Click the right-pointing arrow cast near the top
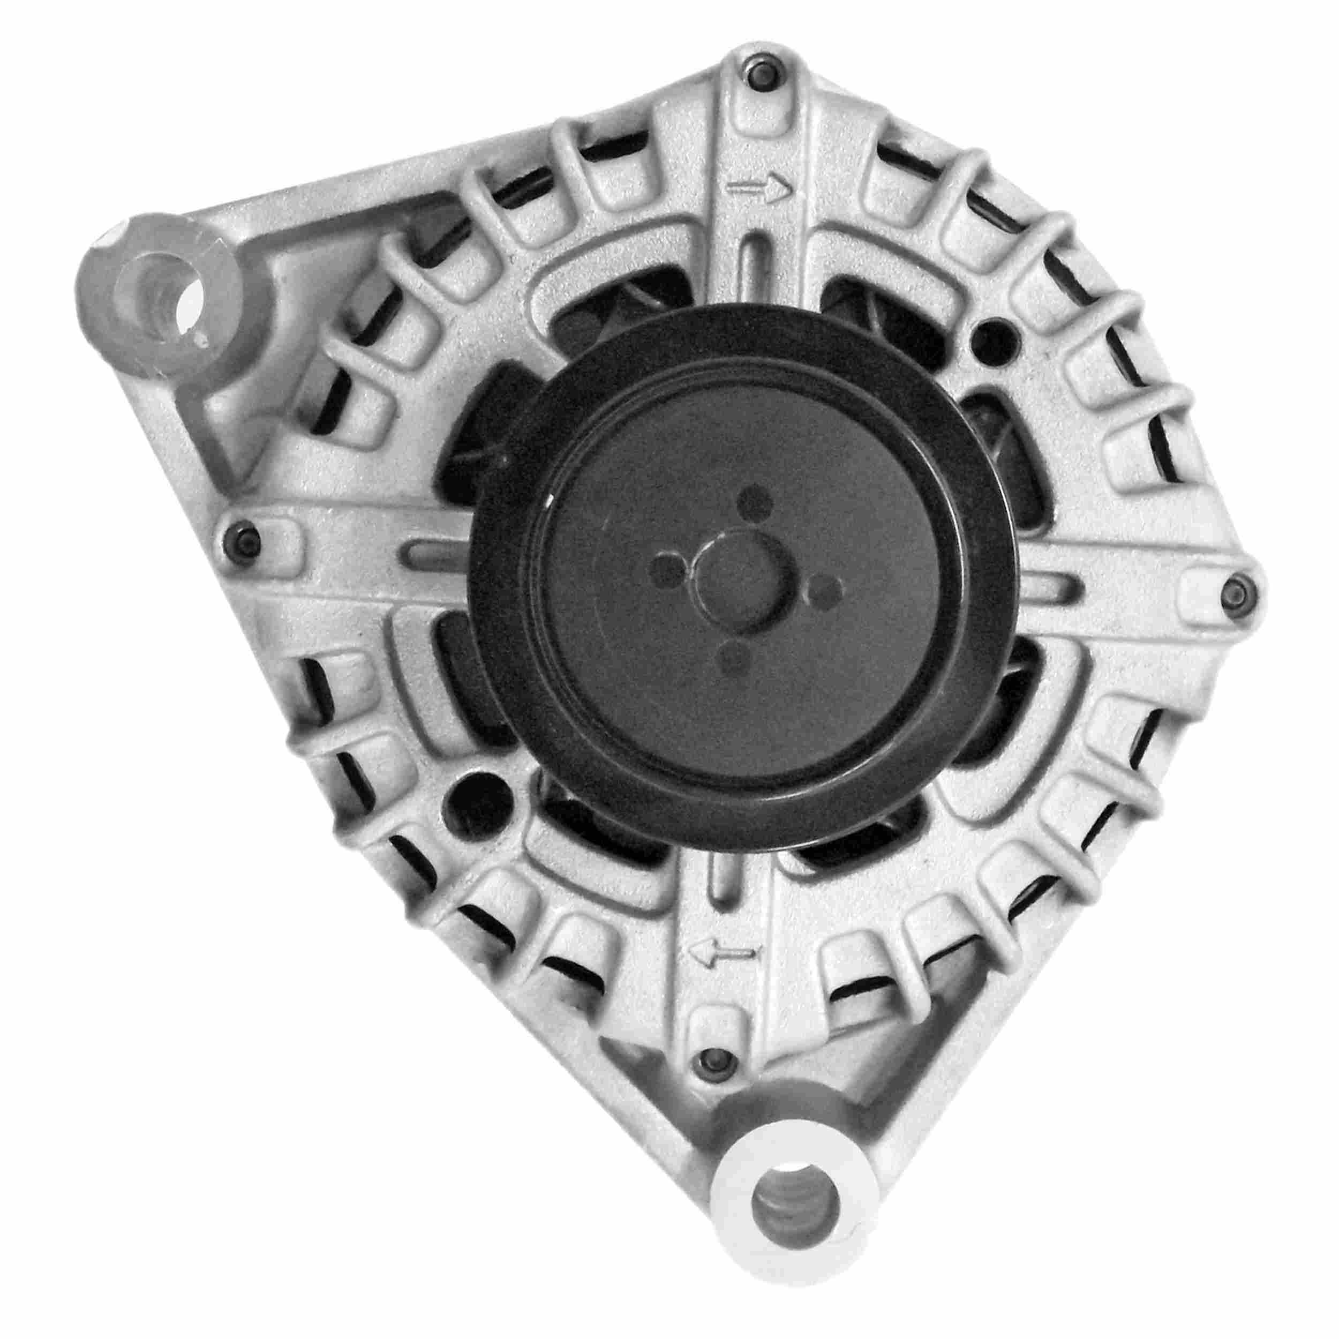point(759,188)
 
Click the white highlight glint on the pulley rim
point(549,500)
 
